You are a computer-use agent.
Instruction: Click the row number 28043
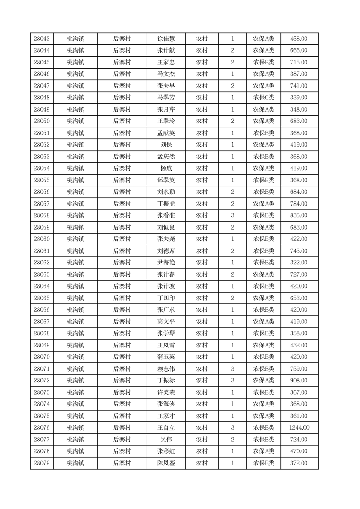(42, 39)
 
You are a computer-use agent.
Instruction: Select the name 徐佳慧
(166, 39)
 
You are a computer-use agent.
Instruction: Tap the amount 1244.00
(299, 428)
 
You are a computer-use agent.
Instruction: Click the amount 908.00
(299, 381)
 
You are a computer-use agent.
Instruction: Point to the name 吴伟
(166, 440)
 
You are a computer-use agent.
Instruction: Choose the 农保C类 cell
(263, 98)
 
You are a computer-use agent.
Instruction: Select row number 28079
(42, 463)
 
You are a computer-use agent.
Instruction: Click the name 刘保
(166, 145)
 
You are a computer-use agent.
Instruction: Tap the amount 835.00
(299, 215)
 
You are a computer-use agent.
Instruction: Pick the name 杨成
(166, 168)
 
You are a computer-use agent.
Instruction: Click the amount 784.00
(299, 204)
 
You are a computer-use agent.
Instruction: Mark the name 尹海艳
(166, 263)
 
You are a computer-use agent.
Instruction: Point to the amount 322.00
(299, 263)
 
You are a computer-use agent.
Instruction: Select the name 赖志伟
(166, 369)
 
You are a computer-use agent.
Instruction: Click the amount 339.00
(299, 98)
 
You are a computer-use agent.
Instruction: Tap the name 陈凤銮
(166, 463)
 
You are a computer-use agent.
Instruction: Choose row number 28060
(42, 239)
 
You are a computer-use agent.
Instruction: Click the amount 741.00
(299, 86)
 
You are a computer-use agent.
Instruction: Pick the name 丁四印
(166, 298)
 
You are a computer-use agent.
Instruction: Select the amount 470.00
(299, 451)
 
